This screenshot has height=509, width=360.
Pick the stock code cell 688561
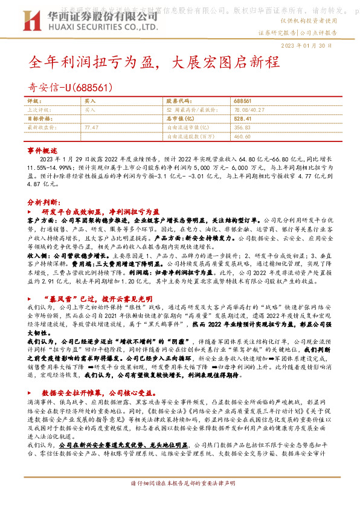242,102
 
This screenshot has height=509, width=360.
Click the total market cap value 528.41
242,119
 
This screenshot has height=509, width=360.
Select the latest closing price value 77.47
92,128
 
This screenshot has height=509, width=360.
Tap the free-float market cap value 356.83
242,128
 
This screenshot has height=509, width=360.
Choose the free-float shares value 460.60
242,137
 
